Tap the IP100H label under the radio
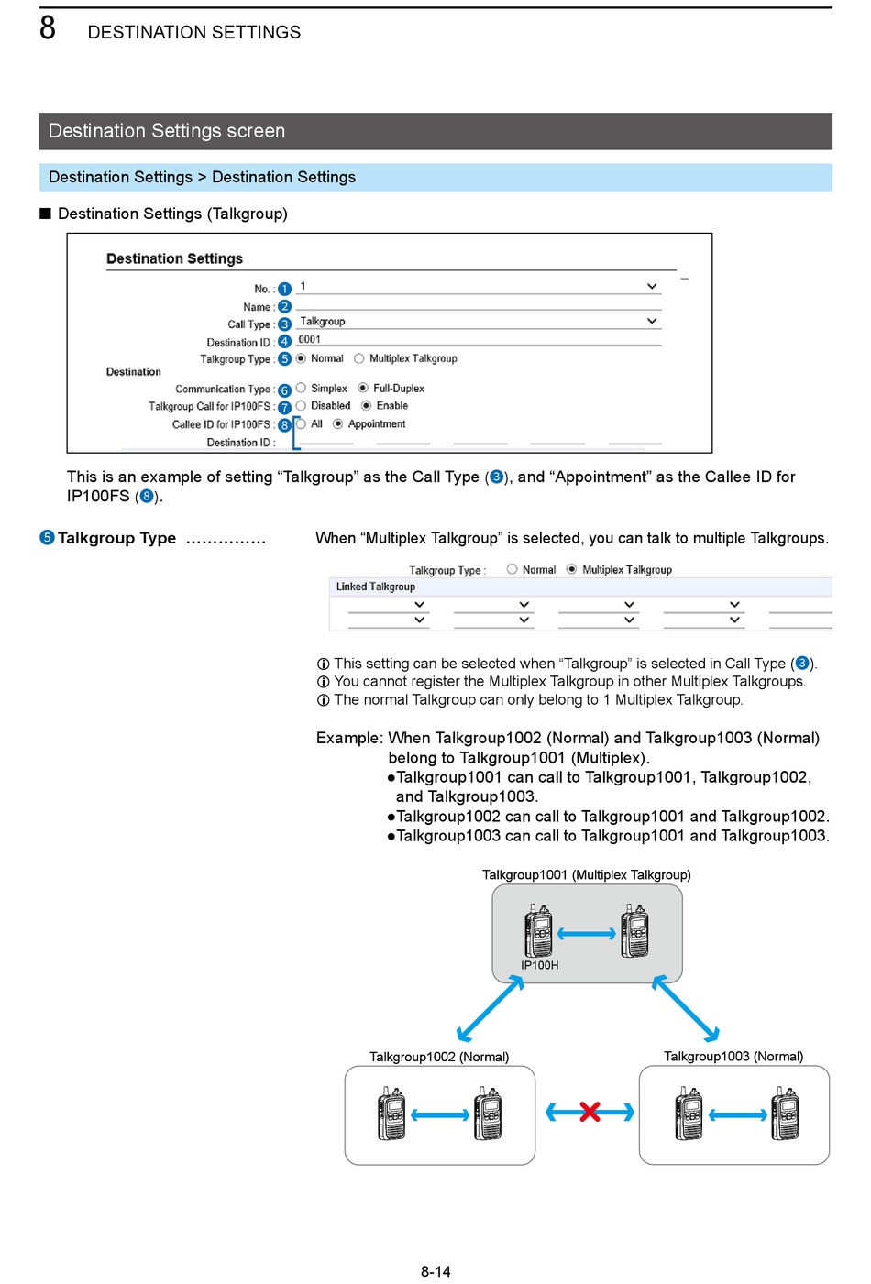[540, 965]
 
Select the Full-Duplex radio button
[362, 388]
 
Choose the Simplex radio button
[301, 388]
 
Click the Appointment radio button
[337, 423]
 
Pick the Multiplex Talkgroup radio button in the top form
[359, 358]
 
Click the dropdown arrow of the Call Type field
[651, 321]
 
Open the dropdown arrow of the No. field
[651, 286]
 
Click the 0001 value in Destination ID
[310, 339]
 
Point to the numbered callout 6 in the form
[284, 390]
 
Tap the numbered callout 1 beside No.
[284, 289]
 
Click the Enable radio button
[366, 406]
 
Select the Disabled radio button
[301, 406]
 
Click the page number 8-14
[435, 1271]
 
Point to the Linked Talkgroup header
[376, 587]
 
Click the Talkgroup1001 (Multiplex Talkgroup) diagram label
[587, 874]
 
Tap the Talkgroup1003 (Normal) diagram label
[733, 1056]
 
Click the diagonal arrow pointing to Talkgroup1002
[491, 1008]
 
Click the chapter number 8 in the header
[48, 27]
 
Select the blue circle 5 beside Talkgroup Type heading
[47, 538]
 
